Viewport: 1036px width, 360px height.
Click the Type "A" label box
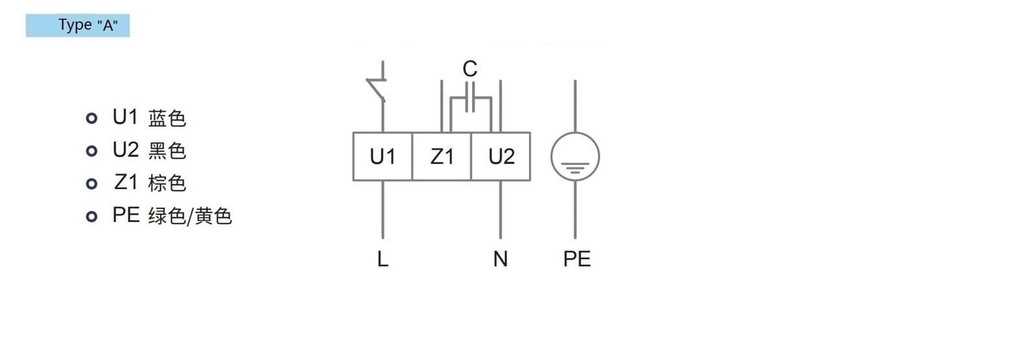[x=78, y=25]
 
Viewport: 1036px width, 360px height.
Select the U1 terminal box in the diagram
[x=383, y=157]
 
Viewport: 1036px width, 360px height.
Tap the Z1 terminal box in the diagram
[x=442, y=157]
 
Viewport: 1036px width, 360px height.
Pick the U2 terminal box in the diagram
[x=501, y=157]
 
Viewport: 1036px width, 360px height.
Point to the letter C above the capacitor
[x=470, y=69]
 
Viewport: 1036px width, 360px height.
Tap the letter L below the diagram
[x=383, y=258]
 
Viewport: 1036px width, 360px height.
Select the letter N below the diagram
[x=501, y=258]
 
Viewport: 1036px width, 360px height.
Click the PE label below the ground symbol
[x=577, y=258]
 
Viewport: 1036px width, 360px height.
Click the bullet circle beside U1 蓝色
[x=91, y=118]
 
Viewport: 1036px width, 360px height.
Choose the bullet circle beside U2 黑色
[x=91, y=151]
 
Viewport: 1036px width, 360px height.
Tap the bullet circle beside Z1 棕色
[x=91, y=184]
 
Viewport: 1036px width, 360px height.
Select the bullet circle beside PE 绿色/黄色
[x=91, y=216]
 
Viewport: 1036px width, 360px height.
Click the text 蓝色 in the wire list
[x=167, y=118]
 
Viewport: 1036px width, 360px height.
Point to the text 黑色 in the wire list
[x=167, y=151]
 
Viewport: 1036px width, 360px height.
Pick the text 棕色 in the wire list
[x=167, y=183]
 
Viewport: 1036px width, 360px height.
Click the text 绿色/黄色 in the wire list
[x=190, y=216]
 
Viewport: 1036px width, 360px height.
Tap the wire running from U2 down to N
[x=501, y=210]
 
